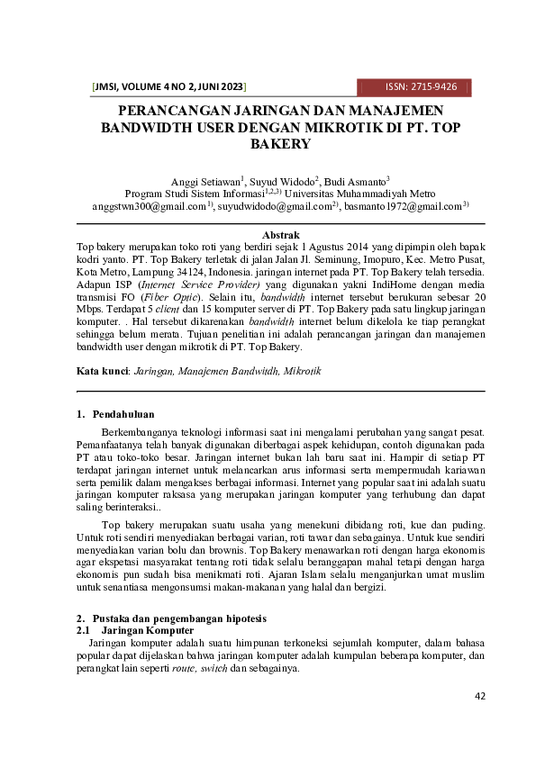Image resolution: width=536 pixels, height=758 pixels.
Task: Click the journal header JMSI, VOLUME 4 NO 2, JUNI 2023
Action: coord(169,87)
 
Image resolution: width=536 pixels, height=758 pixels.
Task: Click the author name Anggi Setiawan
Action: coord(204,180)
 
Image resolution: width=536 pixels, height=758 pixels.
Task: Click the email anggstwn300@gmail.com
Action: coord(141,205)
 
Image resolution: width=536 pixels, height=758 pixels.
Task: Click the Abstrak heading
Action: coord(279,234)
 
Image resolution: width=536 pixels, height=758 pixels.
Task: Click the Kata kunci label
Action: coord(103,371)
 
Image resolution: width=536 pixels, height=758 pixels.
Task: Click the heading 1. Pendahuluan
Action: coord(115,415)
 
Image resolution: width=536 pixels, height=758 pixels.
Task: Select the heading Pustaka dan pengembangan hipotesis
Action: coord(179,618)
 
